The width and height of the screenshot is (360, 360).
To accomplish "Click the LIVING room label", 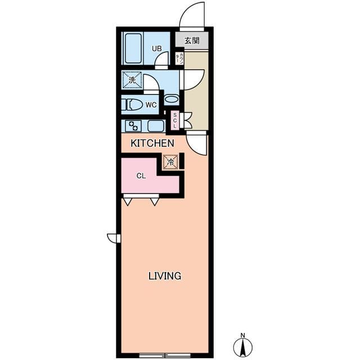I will pyautogui.click(x=164, y=276).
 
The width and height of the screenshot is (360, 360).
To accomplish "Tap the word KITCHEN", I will pyautogui.click(x=152, y=143).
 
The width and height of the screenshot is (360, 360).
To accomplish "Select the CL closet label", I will pyautogui.click(x=141, y=175).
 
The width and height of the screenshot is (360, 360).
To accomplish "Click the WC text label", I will pyautogui.click(x=151, y=105).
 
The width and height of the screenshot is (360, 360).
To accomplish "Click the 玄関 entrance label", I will pyautogui.click(x=192, y=40).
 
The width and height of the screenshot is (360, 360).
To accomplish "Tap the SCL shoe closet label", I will pyautogui.click(x=175, y=120).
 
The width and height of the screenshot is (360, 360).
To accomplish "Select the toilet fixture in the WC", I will pyautogui.click(x=133, y=105).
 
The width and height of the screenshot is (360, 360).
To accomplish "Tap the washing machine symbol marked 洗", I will pyautogui.click(x=132, y=80).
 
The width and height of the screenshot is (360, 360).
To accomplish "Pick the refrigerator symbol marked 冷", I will pyautogui.click(x=169, y=161).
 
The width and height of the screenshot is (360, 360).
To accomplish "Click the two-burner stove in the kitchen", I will pyautogui.click(x=133, y=125).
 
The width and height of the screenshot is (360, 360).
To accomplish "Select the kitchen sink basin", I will pyautogui.click(x=155, y=125).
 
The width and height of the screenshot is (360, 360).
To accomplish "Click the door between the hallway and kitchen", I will pyautogui.click(x=197, y=144).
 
